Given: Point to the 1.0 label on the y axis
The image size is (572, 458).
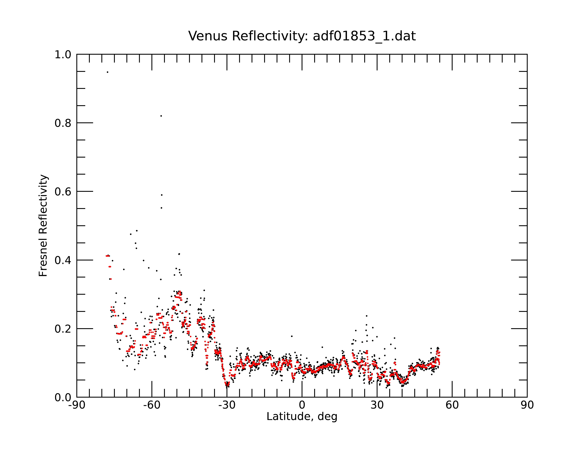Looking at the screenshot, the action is (x=63, y=55).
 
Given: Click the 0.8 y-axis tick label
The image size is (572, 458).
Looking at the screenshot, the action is (x=63, y=123).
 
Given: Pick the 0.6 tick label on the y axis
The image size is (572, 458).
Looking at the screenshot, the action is (x=63, y=192).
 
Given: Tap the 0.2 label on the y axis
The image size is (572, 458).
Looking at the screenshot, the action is (x=63, y=329).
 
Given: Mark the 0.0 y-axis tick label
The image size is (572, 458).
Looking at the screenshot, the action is (x=63, y=397).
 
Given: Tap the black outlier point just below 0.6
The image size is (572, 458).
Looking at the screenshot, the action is (x=162, y=195).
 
